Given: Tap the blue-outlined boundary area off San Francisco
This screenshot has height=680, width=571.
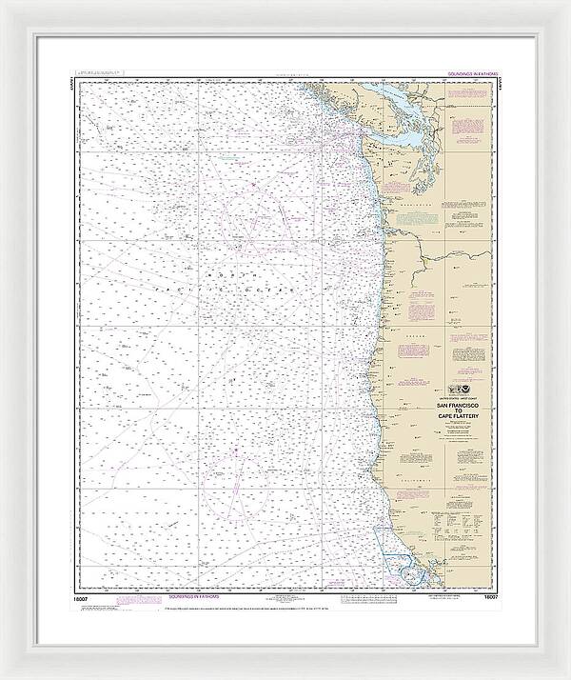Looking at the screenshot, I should (x=390, y=549).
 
